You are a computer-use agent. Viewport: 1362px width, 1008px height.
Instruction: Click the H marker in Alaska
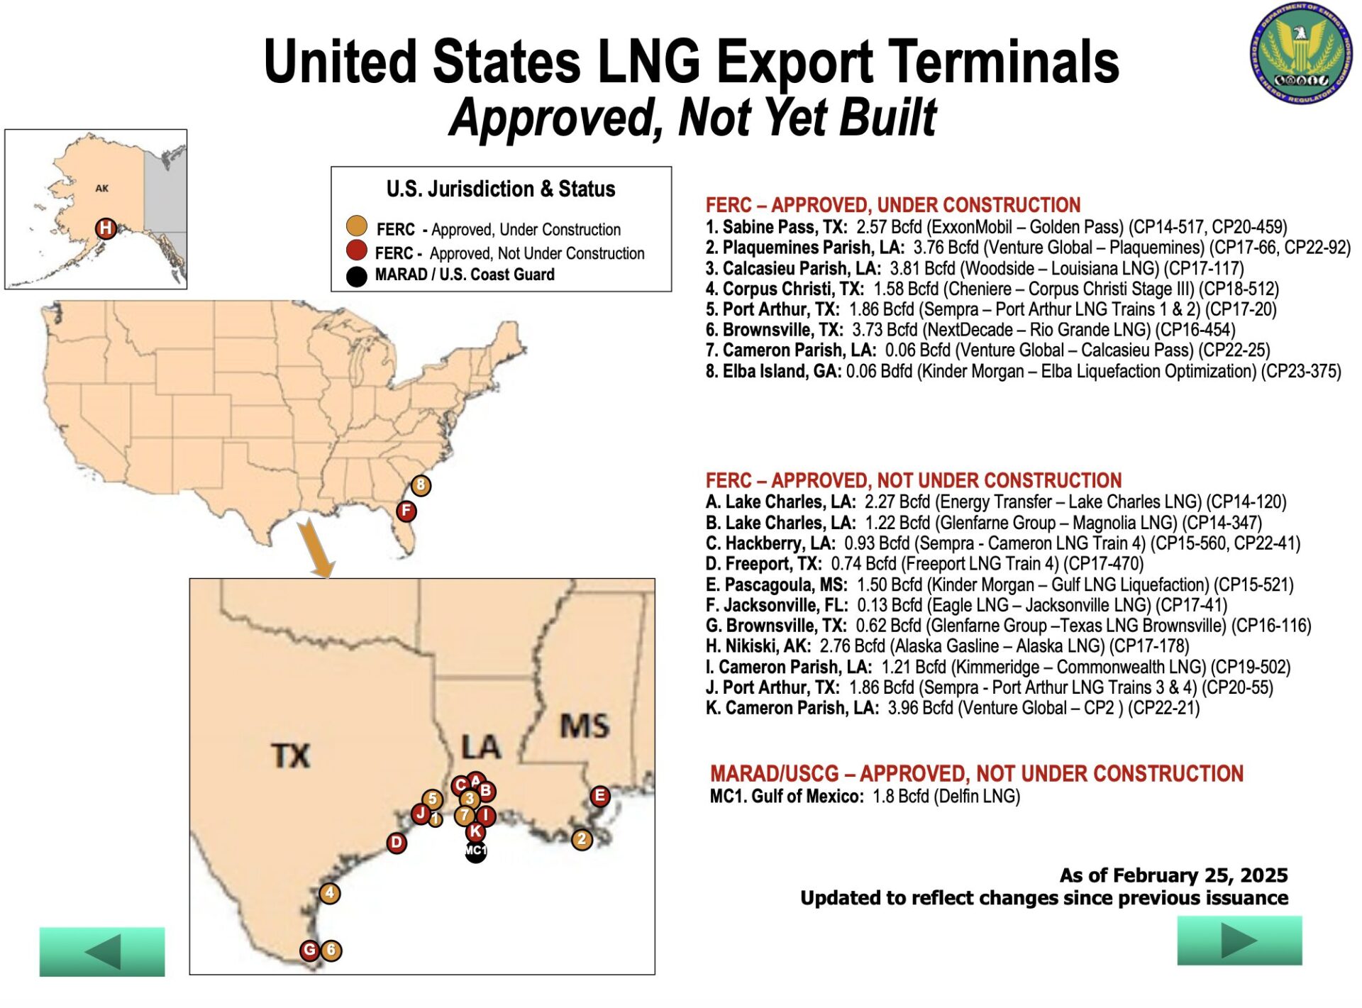point(106,228)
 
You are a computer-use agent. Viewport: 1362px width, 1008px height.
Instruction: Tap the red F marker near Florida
point(406,511)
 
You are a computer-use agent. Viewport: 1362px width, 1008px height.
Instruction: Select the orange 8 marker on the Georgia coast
point(421,485)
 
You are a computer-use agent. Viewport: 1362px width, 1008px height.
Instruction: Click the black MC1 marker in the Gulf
point(476,851)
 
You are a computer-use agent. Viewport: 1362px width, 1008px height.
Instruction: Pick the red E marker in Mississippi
point(600,796)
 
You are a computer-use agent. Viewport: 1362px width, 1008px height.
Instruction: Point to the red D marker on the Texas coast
point(397,843)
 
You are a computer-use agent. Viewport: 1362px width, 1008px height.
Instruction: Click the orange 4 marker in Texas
point(330,893)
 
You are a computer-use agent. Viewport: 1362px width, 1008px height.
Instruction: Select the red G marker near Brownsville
point(309,950)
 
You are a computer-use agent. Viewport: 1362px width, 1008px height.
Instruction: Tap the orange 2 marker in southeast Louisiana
point(582,840)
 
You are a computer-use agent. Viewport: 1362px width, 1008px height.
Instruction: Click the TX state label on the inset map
point(291,755)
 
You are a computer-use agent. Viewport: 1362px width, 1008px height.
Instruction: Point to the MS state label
point(585,726)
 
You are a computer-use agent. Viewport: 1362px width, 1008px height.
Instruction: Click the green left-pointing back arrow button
point(102,952)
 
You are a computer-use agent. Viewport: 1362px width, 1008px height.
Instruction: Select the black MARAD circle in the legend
point(356,276)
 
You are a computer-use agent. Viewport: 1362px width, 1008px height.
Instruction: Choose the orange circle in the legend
point(356,226)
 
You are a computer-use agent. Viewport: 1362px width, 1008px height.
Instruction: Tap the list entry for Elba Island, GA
point(1023,372)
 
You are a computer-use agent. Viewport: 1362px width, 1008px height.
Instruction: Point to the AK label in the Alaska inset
point(102,189)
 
